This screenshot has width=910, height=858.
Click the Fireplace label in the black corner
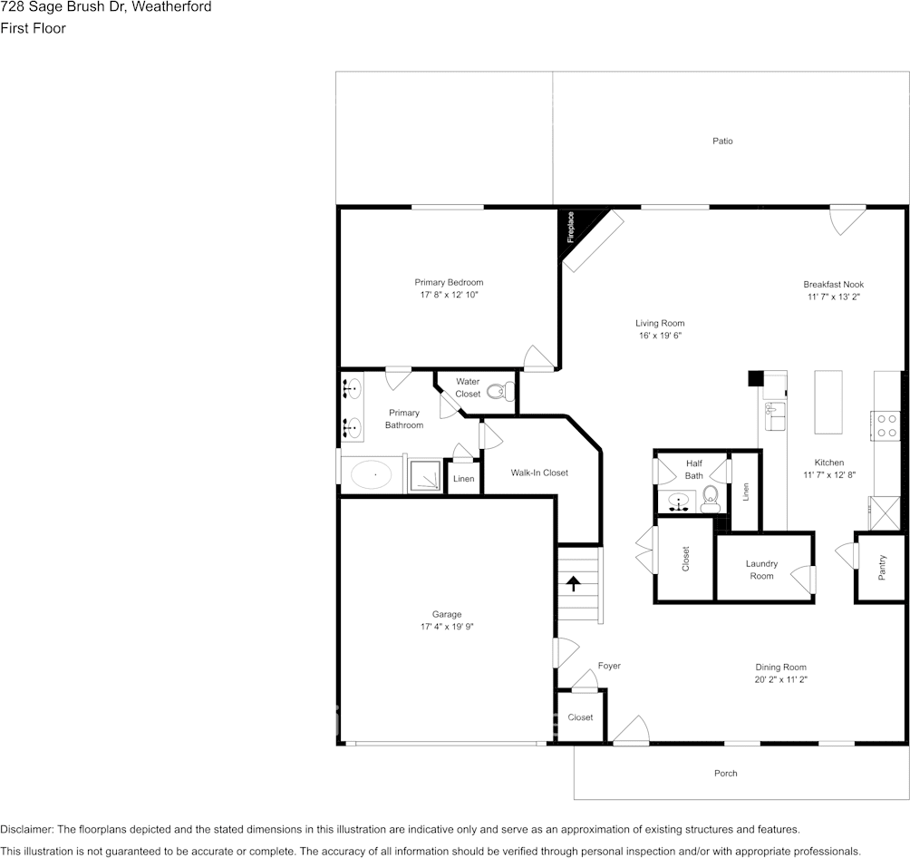point(570,227)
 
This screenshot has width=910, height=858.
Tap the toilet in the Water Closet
point(501,392)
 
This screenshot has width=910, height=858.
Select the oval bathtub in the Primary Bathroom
point(372,474)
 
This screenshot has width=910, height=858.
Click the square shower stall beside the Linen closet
point(425,476)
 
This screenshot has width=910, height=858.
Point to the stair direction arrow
point(574,583)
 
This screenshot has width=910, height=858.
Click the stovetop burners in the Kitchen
point(886,425)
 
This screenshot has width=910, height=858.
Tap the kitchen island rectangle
point(828,402)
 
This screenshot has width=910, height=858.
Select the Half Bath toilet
point(711,499)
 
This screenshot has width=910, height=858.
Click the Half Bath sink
point(677,502)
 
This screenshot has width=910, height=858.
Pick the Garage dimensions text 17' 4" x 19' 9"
point(447,626)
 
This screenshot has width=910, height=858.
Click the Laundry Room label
point(761,570)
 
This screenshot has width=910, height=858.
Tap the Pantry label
point(882,568)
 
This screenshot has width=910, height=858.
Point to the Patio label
point(722,141)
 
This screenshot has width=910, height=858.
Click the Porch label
point(725,773)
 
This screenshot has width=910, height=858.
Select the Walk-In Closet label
point(539,473)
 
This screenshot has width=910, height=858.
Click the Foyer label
point(609,666)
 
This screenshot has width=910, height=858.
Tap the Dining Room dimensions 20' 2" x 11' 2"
point(780,679)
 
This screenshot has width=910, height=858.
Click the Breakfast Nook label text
point(833,284)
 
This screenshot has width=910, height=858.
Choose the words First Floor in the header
point(33,28)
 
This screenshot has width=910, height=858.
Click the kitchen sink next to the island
point(775,416)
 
